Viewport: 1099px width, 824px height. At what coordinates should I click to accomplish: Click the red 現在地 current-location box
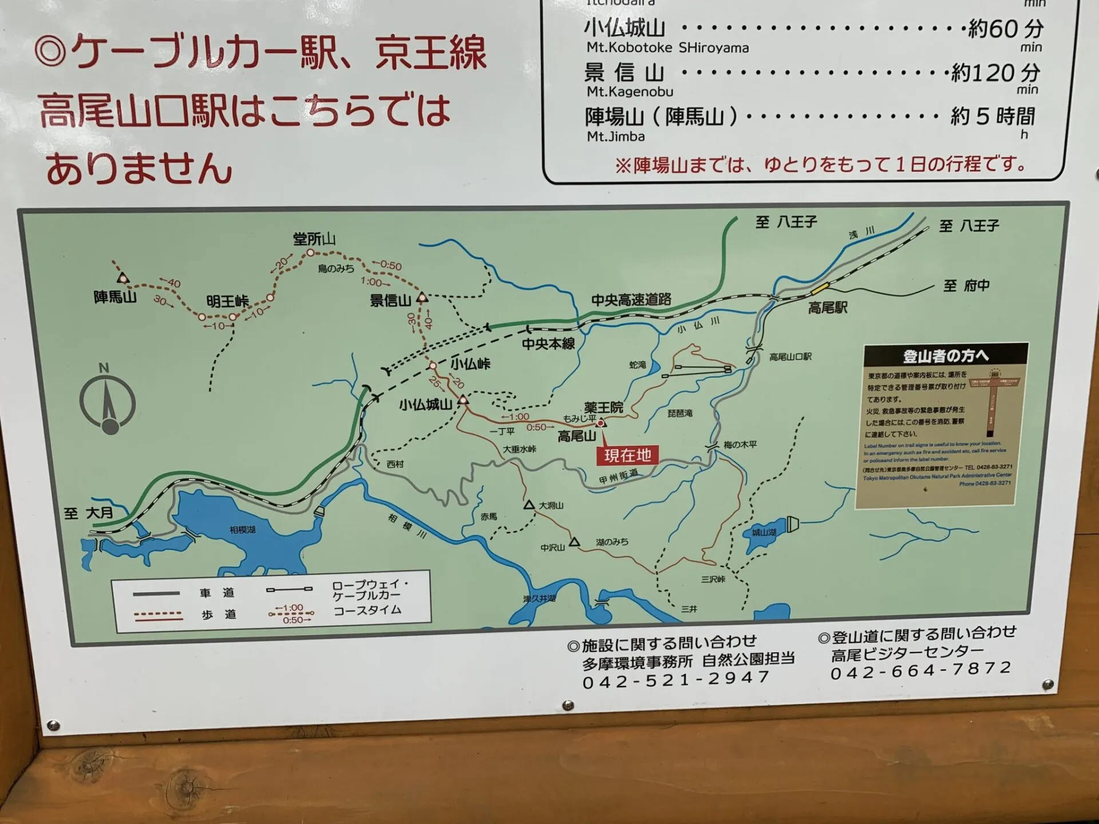point(627,455)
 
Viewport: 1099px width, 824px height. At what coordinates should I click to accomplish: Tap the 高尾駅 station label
point(827,308)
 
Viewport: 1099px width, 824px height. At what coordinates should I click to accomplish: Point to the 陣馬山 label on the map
point(115,297)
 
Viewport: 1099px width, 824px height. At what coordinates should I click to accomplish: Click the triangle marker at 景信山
point(422,297)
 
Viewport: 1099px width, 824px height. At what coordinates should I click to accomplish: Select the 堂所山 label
point(314,239)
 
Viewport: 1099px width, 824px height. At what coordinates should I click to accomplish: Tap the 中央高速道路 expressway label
point(631,299)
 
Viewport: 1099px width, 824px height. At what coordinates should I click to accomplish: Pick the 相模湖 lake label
point(242,530)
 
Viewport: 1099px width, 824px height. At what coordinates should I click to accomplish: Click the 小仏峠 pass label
point(470,363)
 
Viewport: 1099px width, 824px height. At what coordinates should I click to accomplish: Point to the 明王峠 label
point(227,301)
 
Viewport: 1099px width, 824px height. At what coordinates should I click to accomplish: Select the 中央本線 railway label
point(548,343)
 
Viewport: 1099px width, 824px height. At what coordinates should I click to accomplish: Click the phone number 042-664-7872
point(921,669)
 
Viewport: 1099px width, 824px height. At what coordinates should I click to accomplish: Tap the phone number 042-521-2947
point(675,680)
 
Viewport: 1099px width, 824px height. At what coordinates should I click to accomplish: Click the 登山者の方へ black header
point(946,355)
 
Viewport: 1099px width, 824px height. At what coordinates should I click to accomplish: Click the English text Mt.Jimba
point(615,136)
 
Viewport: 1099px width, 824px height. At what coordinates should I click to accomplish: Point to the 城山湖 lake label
point(764,533)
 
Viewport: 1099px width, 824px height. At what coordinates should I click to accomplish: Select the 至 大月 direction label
point(89,513)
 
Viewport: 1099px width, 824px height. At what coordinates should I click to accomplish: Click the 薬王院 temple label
point(603,407)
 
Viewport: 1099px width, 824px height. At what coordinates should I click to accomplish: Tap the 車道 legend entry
point(217,593)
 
